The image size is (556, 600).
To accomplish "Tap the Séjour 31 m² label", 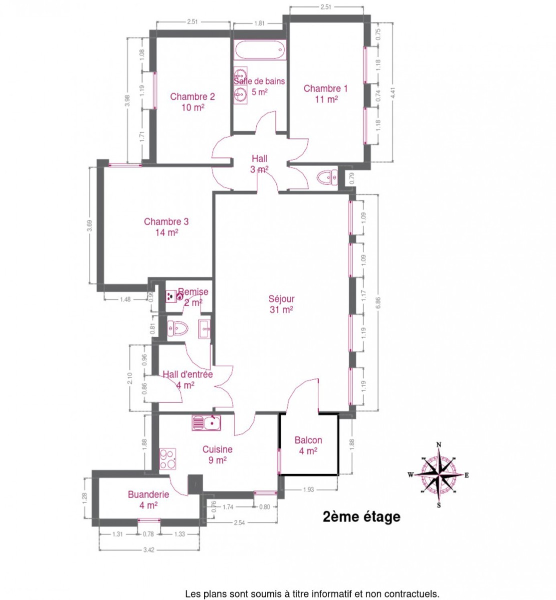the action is click(281, 304).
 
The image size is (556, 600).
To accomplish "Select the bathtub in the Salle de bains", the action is click(260, 50).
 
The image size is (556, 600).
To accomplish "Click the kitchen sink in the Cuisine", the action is click(206, 422).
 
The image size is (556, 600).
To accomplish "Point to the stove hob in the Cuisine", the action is click(167, 458).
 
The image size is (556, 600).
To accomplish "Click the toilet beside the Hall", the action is click(327, 177).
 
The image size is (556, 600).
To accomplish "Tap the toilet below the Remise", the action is click(178, 328).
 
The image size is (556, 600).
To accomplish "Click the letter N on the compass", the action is click(439, 444).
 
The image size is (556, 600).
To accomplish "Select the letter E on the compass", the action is click(466, 475).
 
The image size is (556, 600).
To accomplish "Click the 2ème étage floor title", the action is click(361, 516).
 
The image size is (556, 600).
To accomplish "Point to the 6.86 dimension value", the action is click(378, 303).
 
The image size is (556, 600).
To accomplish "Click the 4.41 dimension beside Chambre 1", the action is click(393, 93).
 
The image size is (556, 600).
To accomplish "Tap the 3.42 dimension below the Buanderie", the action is click(149, 550).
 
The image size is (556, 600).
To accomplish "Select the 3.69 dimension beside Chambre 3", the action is click(89, 225).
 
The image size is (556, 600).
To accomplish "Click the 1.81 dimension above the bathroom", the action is click(259, 23).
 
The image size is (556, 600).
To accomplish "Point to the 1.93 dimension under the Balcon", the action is click(309, 489).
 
